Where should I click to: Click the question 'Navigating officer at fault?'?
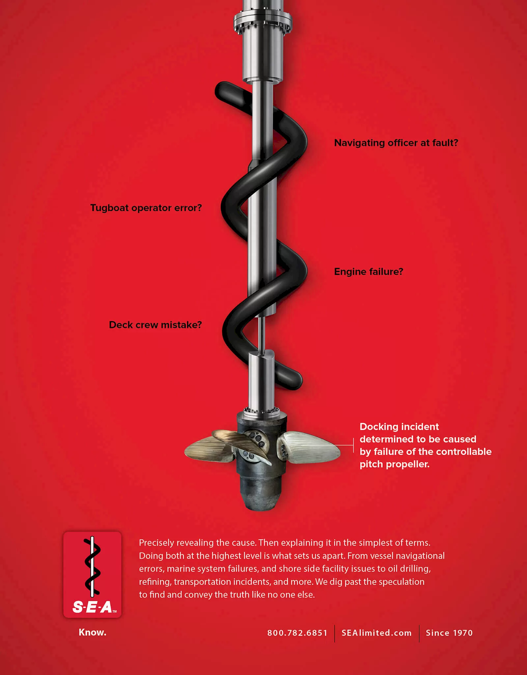(396, 143)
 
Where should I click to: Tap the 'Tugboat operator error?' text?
(146, 208)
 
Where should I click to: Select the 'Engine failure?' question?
(369, 272)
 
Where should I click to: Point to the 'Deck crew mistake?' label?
(155, 325)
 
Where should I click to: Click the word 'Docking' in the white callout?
(380, 427)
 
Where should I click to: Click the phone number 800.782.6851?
(297, 633)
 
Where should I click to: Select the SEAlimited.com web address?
(376, 633)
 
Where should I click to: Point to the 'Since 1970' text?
(449, 633)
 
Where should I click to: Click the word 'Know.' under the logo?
(93, 632)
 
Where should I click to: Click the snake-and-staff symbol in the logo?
(92, 566)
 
